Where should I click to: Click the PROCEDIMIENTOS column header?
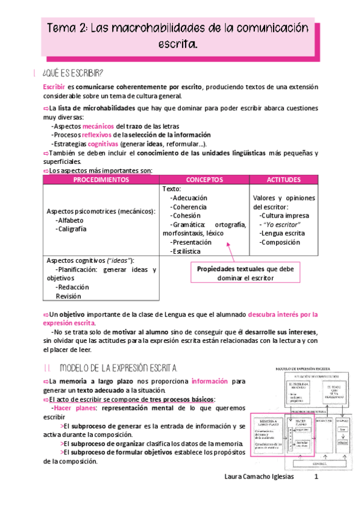click(101, 180)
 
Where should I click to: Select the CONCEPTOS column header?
click(204, 180)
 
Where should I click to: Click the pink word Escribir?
click(54, 87)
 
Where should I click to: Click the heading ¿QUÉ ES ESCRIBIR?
click(72, 74)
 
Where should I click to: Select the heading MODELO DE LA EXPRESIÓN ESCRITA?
click(118, 367)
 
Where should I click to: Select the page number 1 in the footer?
click(316, 494)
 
